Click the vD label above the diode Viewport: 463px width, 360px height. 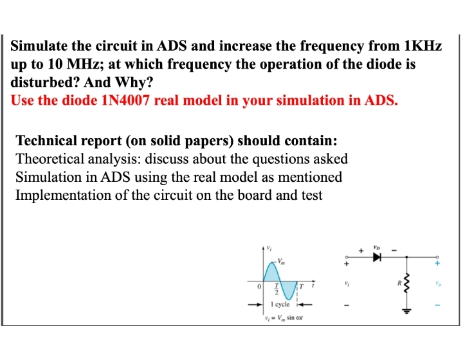[377, 243]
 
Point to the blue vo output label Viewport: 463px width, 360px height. [439, 282]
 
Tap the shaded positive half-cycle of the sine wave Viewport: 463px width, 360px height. [272, 272]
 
